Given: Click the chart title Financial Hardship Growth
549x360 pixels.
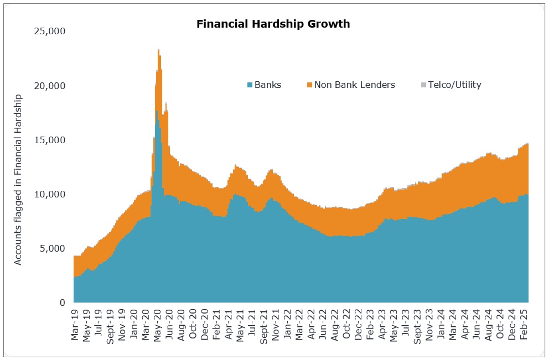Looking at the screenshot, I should click(273, 24).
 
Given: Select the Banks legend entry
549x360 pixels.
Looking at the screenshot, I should click(268, 85).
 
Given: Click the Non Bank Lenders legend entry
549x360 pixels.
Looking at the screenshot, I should click(354, 85).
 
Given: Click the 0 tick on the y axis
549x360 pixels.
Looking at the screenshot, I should click(63, 303).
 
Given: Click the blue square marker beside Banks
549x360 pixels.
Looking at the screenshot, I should click(250, 85).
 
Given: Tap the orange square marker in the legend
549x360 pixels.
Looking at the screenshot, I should click(309, 85).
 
